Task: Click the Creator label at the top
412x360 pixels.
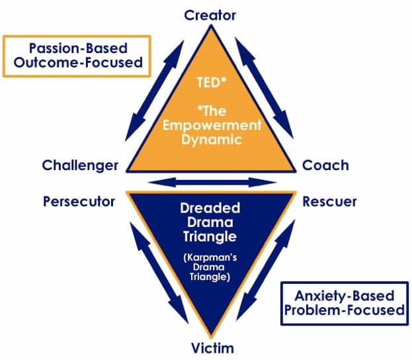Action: pyautogui.click(x=210, y=15)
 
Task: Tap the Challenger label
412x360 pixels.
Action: pyautogui.click(x=79, y=165)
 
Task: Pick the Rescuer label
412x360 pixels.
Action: pyautogui.click(x=329, y=201)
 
